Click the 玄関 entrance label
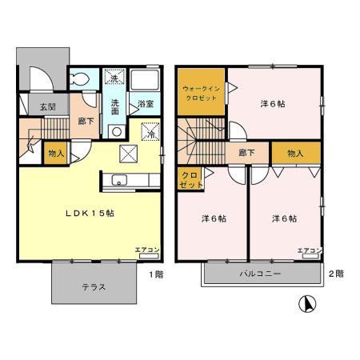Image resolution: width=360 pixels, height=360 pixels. pyautogui.click(x=47, y=107)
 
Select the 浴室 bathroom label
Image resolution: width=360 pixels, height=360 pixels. pyautogui.click(x=145, y=104)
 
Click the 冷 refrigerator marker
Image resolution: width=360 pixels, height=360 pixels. pyautogui.click(x=150, y=133)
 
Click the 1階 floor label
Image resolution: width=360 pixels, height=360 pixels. pyautogui.click(x=156, y=274)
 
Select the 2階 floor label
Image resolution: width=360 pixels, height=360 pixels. pyautogui.click(x=337, y=274)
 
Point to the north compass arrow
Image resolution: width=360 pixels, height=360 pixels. pyautogui.click(x=306, y=305)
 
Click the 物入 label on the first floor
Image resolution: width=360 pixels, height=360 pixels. pyautogui.click(x=56, y=152)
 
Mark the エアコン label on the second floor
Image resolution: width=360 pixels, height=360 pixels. pyautogui.click(x=310, y=250)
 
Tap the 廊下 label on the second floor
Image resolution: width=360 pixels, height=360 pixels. pyautogui.click(x=246, y=152)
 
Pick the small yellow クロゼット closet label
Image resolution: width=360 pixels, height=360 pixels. pyautogui.click(x=190, y=179)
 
